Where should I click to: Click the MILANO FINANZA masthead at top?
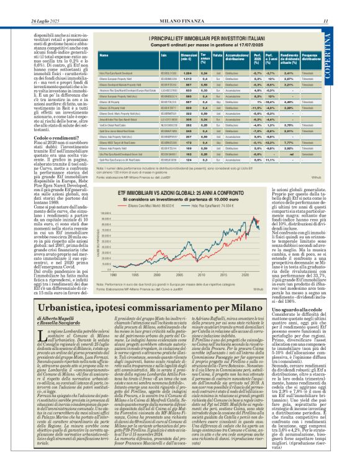click(x=180, y=6)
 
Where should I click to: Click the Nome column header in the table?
click(x=104, y=55)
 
